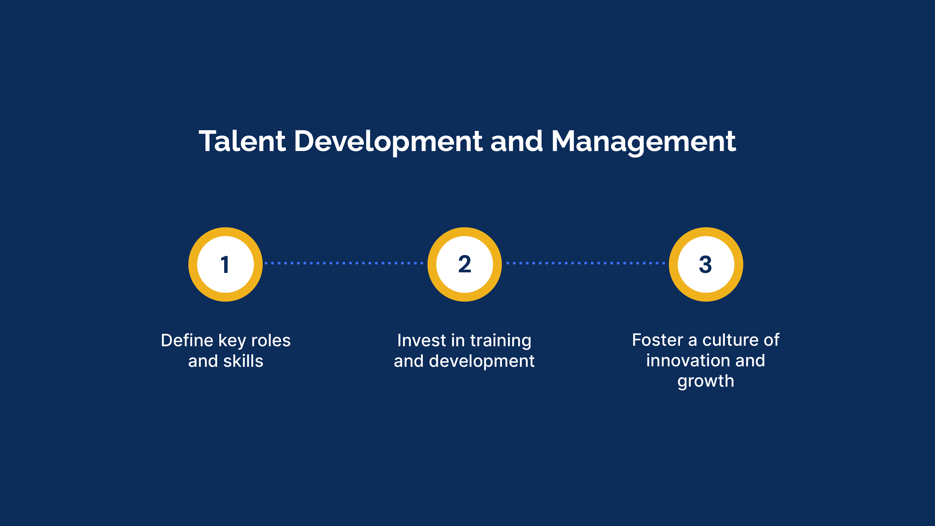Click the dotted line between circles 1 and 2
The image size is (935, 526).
click(344, 263)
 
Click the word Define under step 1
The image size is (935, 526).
click(187, 341)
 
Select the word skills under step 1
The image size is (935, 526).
click(243, 361)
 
